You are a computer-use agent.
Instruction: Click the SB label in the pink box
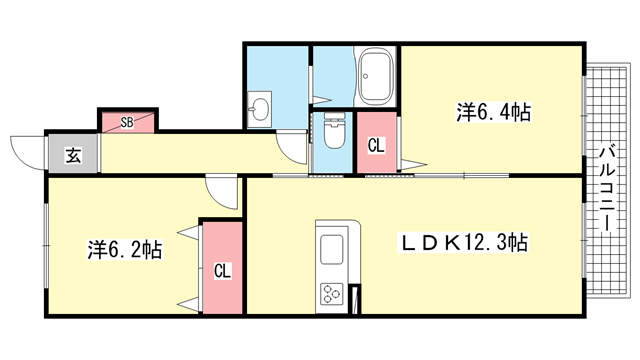[127, 122]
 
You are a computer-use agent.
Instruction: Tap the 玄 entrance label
[73, 156]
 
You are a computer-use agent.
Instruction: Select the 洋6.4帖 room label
[493, 112]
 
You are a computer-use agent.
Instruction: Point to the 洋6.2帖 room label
[125, 250]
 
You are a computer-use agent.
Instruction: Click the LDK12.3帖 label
[463, 243]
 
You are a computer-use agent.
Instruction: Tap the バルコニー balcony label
[607, 189]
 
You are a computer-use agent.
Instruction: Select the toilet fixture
[335, 131]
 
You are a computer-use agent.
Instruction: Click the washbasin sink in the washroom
[259, 109]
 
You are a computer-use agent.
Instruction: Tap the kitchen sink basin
[331, 249]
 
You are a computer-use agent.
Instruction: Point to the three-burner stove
[331, 293]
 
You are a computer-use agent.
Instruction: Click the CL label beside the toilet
[376, 146]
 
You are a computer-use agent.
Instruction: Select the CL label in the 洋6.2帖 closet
[222, 271]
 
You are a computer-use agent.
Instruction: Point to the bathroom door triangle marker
[322, 100]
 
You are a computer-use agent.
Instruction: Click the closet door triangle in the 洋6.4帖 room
[412, 164]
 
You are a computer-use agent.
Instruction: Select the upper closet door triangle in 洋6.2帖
[189, 232]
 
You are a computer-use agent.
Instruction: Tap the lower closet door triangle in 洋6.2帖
[189, 304]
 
